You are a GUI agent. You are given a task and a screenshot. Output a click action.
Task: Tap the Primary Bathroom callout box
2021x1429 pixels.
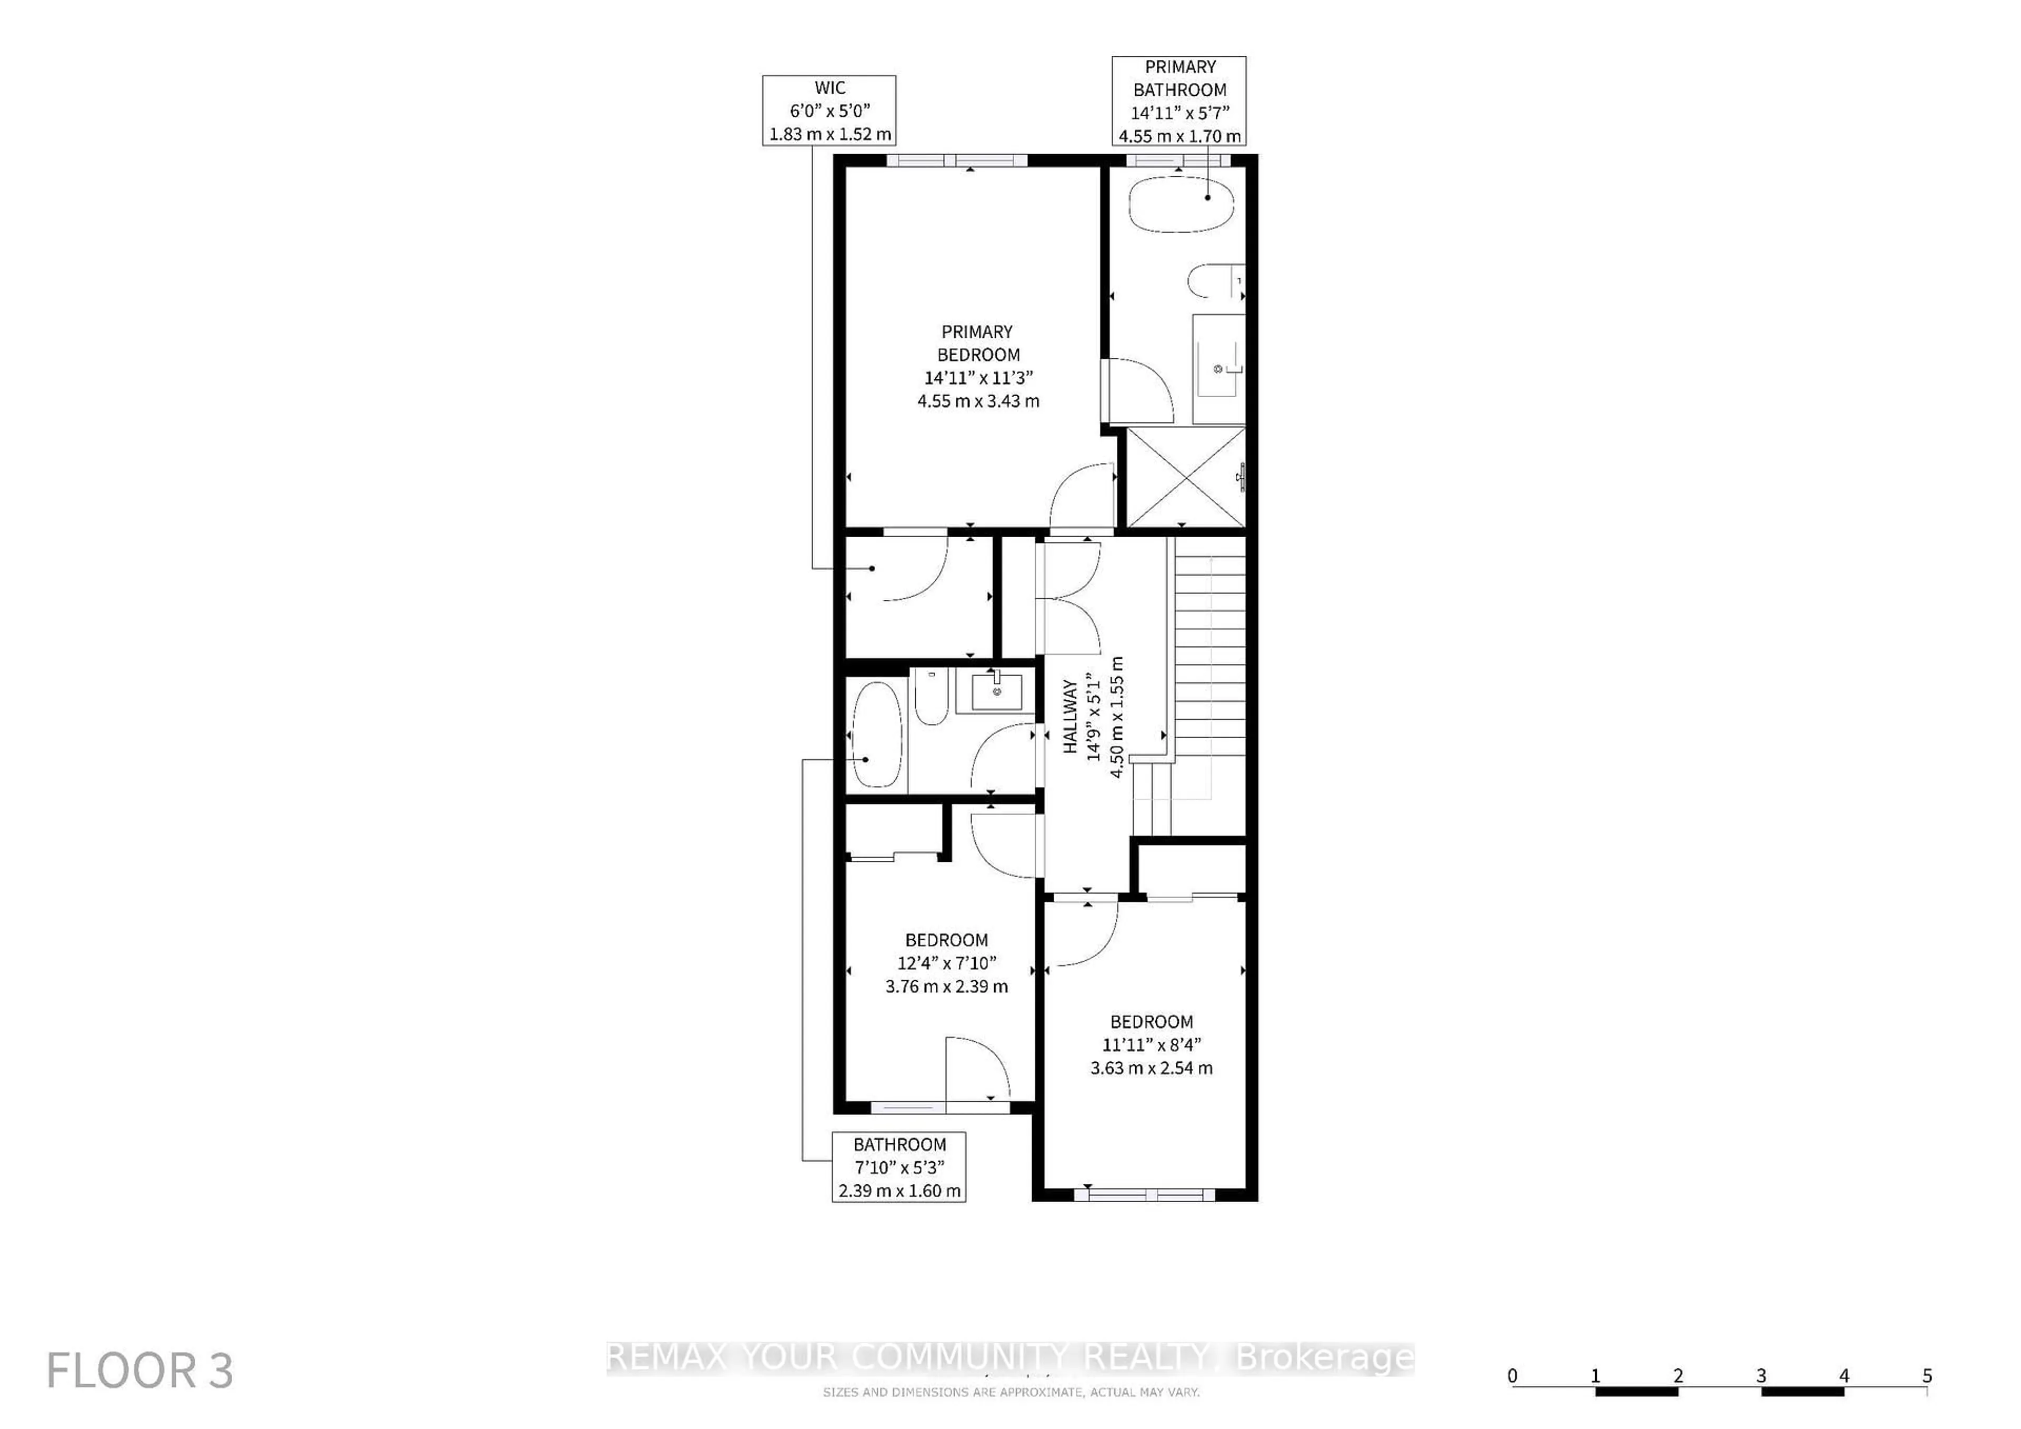click(1178, 101)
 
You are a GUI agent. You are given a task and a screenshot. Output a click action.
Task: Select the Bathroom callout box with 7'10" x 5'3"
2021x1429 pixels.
click(899, 1167)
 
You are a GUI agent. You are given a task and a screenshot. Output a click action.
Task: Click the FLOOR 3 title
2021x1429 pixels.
click(140, 1370)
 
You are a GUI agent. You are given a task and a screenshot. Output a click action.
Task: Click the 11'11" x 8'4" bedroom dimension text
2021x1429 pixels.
click(1152, 1044)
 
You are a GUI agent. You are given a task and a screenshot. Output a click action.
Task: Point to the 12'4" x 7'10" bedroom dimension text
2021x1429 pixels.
click(946, 963)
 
